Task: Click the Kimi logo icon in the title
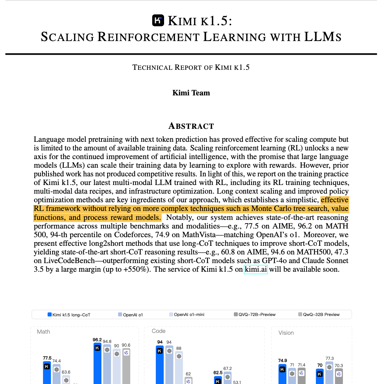pos(158,21)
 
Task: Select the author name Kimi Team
pos(191,93)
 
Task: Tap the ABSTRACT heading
pos(191,126)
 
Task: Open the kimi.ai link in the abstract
pos(256,269)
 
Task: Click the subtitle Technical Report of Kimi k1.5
pos(191,67)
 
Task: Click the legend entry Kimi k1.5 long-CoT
pos(69,315)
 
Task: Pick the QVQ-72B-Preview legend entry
pos(254,315)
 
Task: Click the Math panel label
pos(44,331)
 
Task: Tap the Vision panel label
pos(286,333)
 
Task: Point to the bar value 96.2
pos(97,340)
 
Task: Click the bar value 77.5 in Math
pos(47,358)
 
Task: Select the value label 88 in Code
pos(178,348)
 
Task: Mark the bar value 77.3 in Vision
pos(329,358)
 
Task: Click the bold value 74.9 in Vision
pos(282,360)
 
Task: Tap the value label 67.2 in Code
pos(227,369)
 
